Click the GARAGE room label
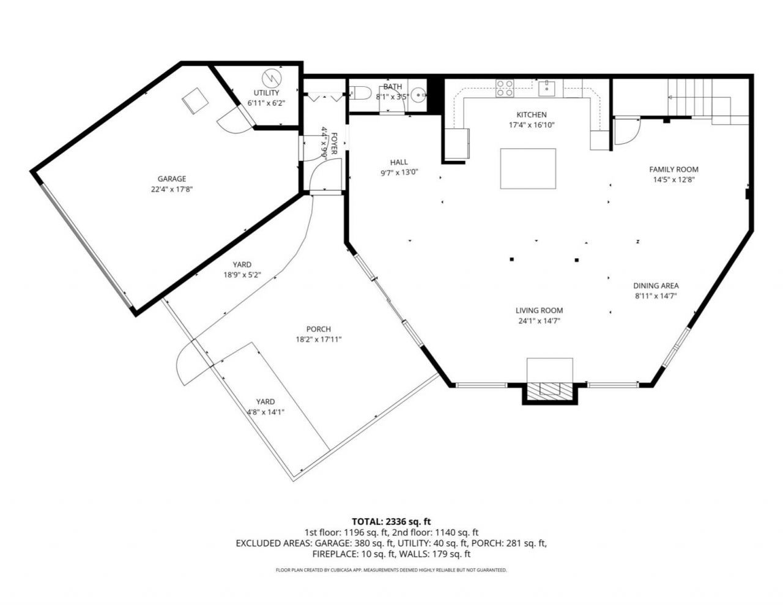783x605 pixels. pos(172,179)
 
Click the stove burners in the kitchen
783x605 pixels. pos(505,88)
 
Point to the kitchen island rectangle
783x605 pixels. pos(528,168)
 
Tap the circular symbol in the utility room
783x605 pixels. pos(272,78)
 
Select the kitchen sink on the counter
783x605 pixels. pos(547,88)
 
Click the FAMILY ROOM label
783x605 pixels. pos(674,169)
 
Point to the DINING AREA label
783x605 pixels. pos(656,286)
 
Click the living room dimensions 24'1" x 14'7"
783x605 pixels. pos(539,321)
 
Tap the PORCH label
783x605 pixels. pos(319,329)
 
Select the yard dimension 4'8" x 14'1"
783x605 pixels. pos(265,412)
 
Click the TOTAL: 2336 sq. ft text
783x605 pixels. pos(391,521)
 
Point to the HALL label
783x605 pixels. pos(399,162)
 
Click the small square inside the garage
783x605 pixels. pos(196,101)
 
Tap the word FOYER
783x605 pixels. pos(334,144)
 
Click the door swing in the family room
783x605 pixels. pos(627,131)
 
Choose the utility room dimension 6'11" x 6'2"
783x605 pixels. pos(266,103)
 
